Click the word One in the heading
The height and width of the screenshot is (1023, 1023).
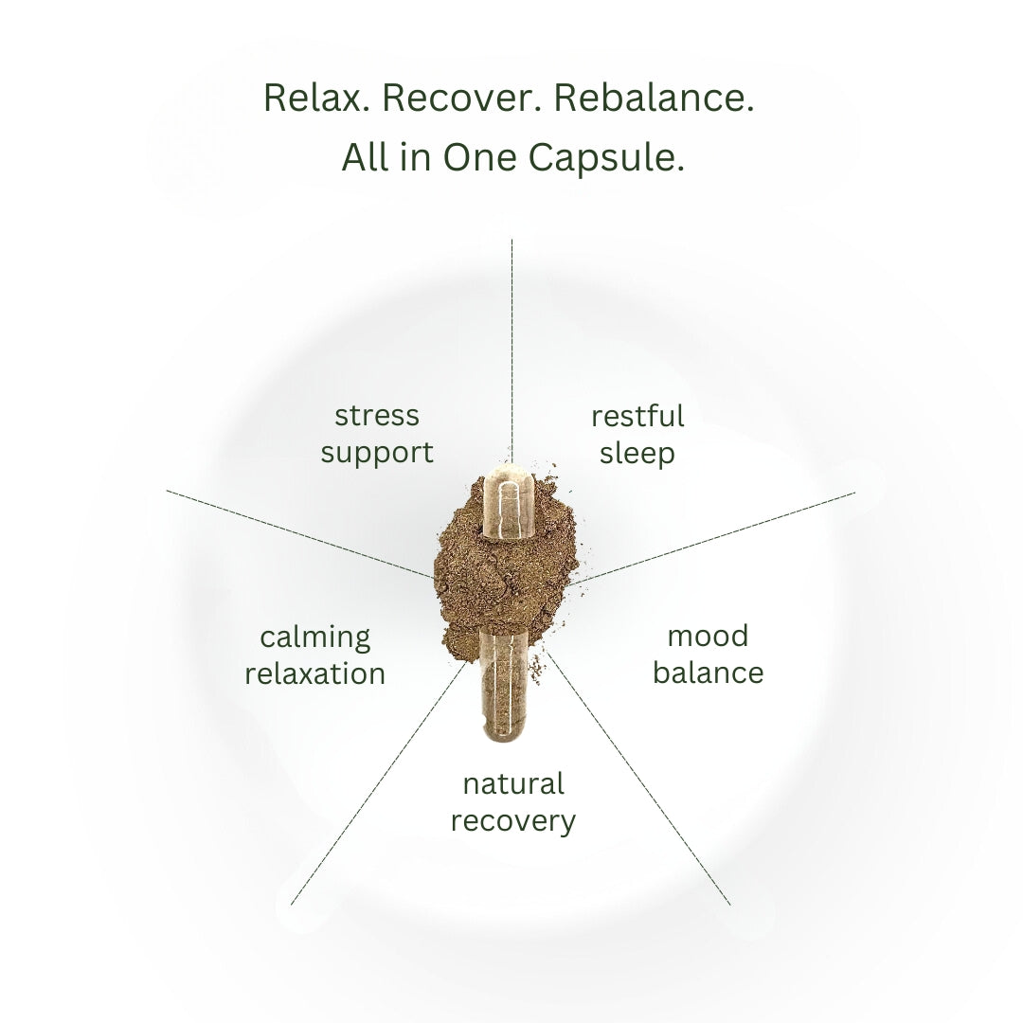479,158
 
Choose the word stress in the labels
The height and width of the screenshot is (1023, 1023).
377,416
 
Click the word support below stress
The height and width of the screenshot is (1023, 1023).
377,454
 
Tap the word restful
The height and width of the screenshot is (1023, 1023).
637,416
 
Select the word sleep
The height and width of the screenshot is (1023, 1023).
637,454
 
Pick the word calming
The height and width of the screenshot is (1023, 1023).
315,637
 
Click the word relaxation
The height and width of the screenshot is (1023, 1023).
315,674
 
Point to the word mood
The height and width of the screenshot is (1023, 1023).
708,637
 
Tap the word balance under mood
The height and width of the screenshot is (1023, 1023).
708,673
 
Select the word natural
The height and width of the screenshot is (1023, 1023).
513,783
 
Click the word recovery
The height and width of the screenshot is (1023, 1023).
513,821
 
